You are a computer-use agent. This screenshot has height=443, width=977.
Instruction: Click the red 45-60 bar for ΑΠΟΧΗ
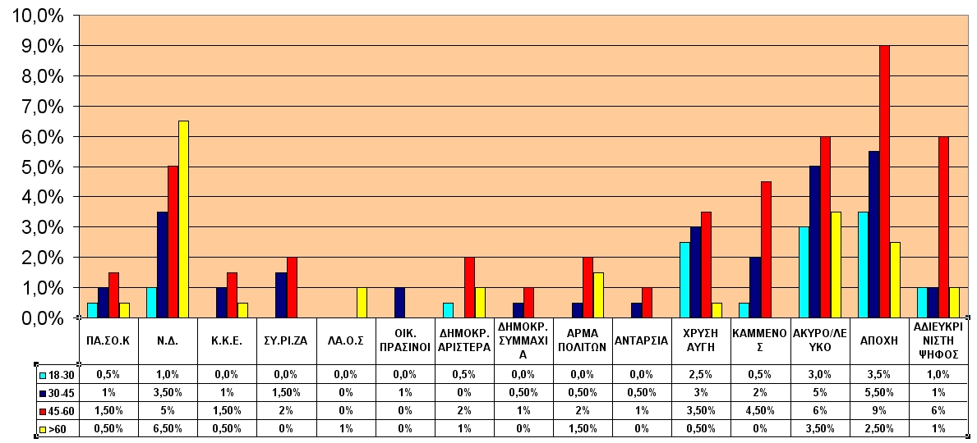[884, 181]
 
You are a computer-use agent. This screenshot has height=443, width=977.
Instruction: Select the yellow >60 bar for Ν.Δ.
[184, 220]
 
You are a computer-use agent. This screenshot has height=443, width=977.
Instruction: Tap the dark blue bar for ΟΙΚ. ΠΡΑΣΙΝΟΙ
[400, 303]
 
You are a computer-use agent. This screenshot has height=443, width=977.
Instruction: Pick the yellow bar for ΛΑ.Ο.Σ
[362, 303]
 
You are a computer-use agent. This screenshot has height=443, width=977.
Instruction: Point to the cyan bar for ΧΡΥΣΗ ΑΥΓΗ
[684, 280]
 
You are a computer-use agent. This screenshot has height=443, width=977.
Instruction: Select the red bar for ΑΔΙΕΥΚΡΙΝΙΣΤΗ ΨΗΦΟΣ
[943, 227]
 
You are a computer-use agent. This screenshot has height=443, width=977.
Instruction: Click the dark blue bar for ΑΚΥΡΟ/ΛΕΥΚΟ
[814, 242]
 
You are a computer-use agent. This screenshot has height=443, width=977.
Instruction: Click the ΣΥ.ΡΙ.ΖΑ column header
[287, 340]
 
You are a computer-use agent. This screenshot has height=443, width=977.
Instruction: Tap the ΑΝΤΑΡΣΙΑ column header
[641, 340]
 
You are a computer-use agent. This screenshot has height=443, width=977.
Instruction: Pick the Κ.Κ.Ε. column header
[228, 340]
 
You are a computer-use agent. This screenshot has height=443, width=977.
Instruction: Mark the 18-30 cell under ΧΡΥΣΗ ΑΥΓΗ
[701, 375]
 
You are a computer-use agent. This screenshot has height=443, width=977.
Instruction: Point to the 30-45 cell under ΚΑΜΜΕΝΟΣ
[760, 393]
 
